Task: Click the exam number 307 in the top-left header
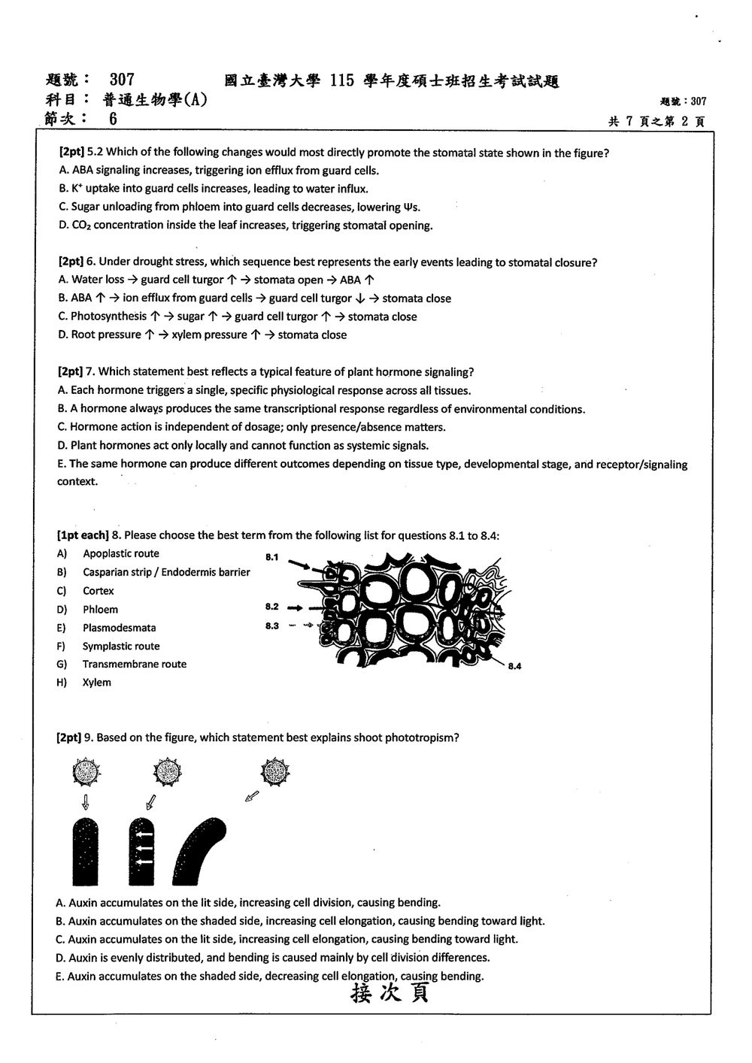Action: point(122,79)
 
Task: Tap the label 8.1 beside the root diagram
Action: point(272,556)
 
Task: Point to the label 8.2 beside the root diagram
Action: point(272,607)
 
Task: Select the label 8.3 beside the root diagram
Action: point(272,625)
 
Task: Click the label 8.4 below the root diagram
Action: point(514,666)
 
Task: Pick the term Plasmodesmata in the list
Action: point(119,628)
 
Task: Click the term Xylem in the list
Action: point(97,683)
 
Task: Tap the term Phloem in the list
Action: point(100,610)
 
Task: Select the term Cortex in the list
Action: point(99,591)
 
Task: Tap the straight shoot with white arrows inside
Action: point(141,851)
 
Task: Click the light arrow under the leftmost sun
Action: point(86,802)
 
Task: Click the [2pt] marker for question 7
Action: point(70,371)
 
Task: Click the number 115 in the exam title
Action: point(342,80)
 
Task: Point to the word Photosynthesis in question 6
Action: point(109,316)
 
